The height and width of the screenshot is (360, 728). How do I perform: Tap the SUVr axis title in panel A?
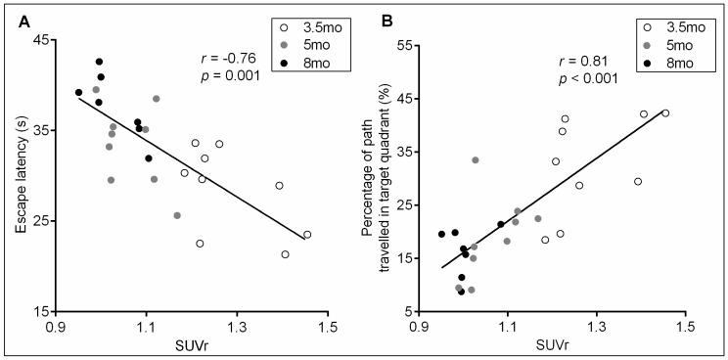[190, 347]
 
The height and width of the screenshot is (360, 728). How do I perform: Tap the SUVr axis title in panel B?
[555, 347]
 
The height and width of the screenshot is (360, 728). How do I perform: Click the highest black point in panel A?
[99, 62]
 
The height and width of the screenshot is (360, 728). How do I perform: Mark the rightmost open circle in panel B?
[665, 113]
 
